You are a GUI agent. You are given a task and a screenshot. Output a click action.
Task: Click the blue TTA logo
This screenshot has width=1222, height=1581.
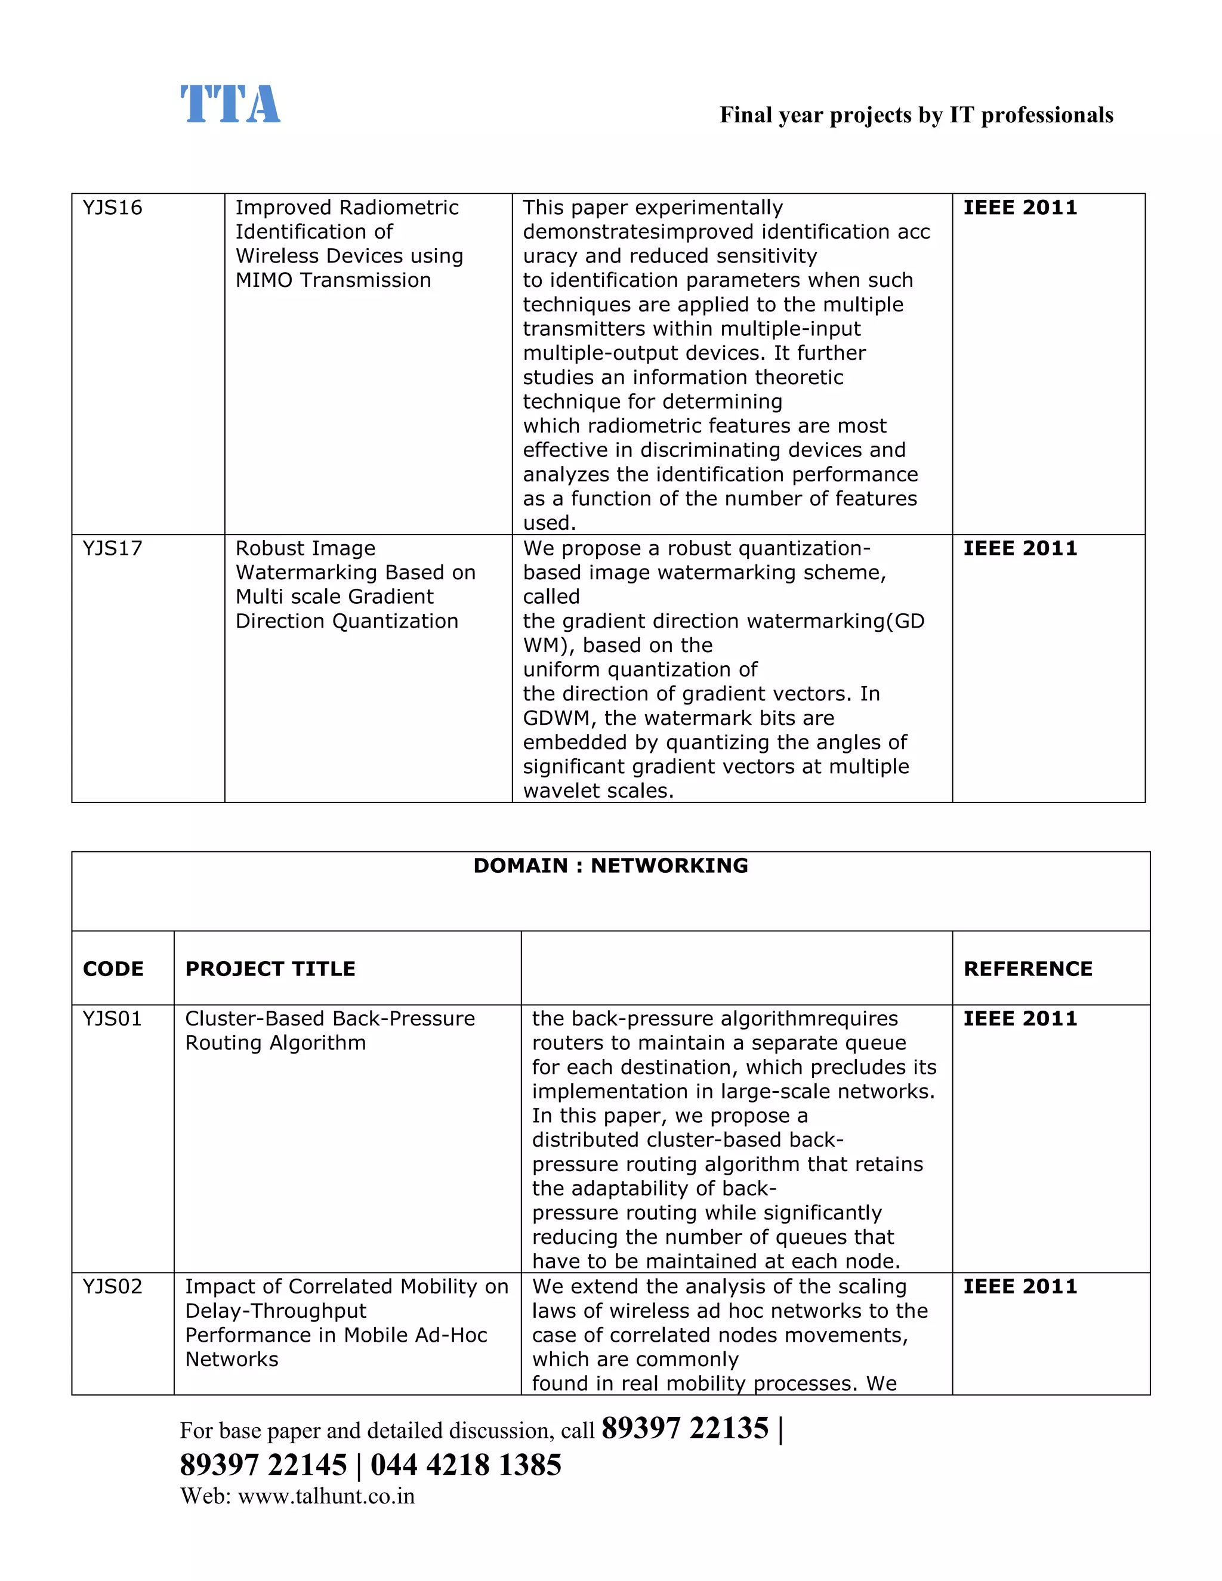[230, 104]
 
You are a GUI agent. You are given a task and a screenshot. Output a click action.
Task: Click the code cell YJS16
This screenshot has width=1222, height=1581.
[112, 208]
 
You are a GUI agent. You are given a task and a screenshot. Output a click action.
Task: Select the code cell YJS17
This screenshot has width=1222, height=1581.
[112, 548]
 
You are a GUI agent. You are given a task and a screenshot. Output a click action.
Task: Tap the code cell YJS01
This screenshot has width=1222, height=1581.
[112, 1018]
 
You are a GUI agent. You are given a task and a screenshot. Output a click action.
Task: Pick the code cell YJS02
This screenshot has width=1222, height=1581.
[112, 1286]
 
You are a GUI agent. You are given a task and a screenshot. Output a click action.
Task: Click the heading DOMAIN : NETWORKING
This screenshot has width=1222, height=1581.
[610, 866]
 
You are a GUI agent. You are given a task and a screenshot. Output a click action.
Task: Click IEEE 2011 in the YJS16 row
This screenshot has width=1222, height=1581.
[1019, 208]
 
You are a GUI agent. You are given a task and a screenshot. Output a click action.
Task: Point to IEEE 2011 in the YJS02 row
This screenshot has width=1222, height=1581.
[1019, 1286]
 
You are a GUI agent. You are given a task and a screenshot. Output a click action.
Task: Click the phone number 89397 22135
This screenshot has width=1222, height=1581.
[684, 1428]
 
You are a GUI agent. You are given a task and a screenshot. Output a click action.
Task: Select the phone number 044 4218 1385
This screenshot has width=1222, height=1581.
[465, 1465]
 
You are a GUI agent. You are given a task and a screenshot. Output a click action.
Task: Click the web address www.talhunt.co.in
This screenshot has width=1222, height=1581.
[326, 1496]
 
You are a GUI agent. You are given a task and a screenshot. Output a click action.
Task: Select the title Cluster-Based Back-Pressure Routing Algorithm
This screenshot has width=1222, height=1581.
[329, 1030]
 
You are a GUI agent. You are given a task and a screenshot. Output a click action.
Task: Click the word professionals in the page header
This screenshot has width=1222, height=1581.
[1046, 115]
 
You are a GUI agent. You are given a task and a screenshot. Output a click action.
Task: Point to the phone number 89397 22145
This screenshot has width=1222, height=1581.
[264, 1465]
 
